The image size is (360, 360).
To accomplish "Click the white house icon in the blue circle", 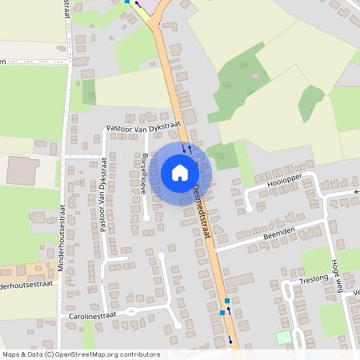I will pyautogui.click(x=180, y=173).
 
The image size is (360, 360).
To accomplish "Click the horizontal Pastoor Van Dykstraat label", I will pyautogui.click(x=144, y=126).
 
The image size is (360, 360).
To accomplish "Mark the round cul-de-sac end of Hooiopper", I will pyautogui.click(x=250, y=209).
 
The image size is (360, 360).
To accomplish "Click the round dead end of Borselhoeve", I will pyautogui.click(x=146, y=218).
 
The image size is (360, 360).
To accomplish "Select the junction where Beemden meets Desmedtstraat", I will pyautogui.click(x=214, y=249).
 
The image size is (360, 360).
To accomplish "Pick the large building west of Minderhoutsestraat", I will pyautogui.click(x=22, y=170).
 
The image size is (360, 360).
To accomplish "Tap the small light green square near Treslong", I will pyautogui.click(x=284, y=338).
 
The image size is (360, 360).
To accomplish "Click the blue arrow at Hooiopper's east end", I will pyautogui.click(x=356, y=192).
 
